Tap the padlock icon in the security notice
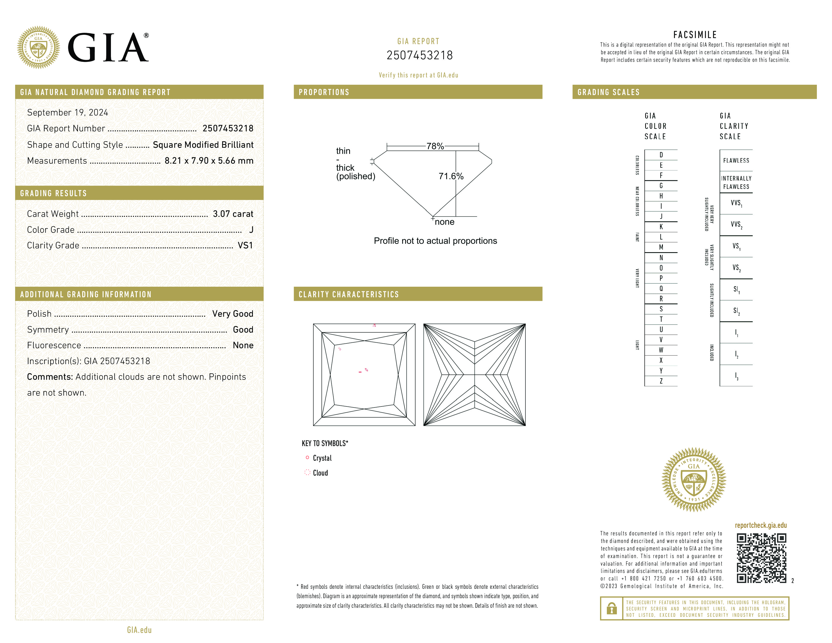click(611, 608)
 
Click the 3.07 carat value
click(233, 214)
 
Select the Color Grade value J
click(251, 230)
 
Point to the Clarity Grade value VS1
click(245, 246)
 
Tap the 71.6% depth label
click(451, 176)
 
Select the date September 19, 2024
click(67, 113)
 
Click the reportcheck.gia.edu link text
click(760, 525)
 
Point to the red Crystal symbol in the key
click(307, 457)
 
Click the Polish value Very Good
click(232, 314)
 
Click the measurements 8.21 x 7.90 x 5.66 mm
click(209, 161)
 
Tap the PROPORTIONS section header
click(324, 92)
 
